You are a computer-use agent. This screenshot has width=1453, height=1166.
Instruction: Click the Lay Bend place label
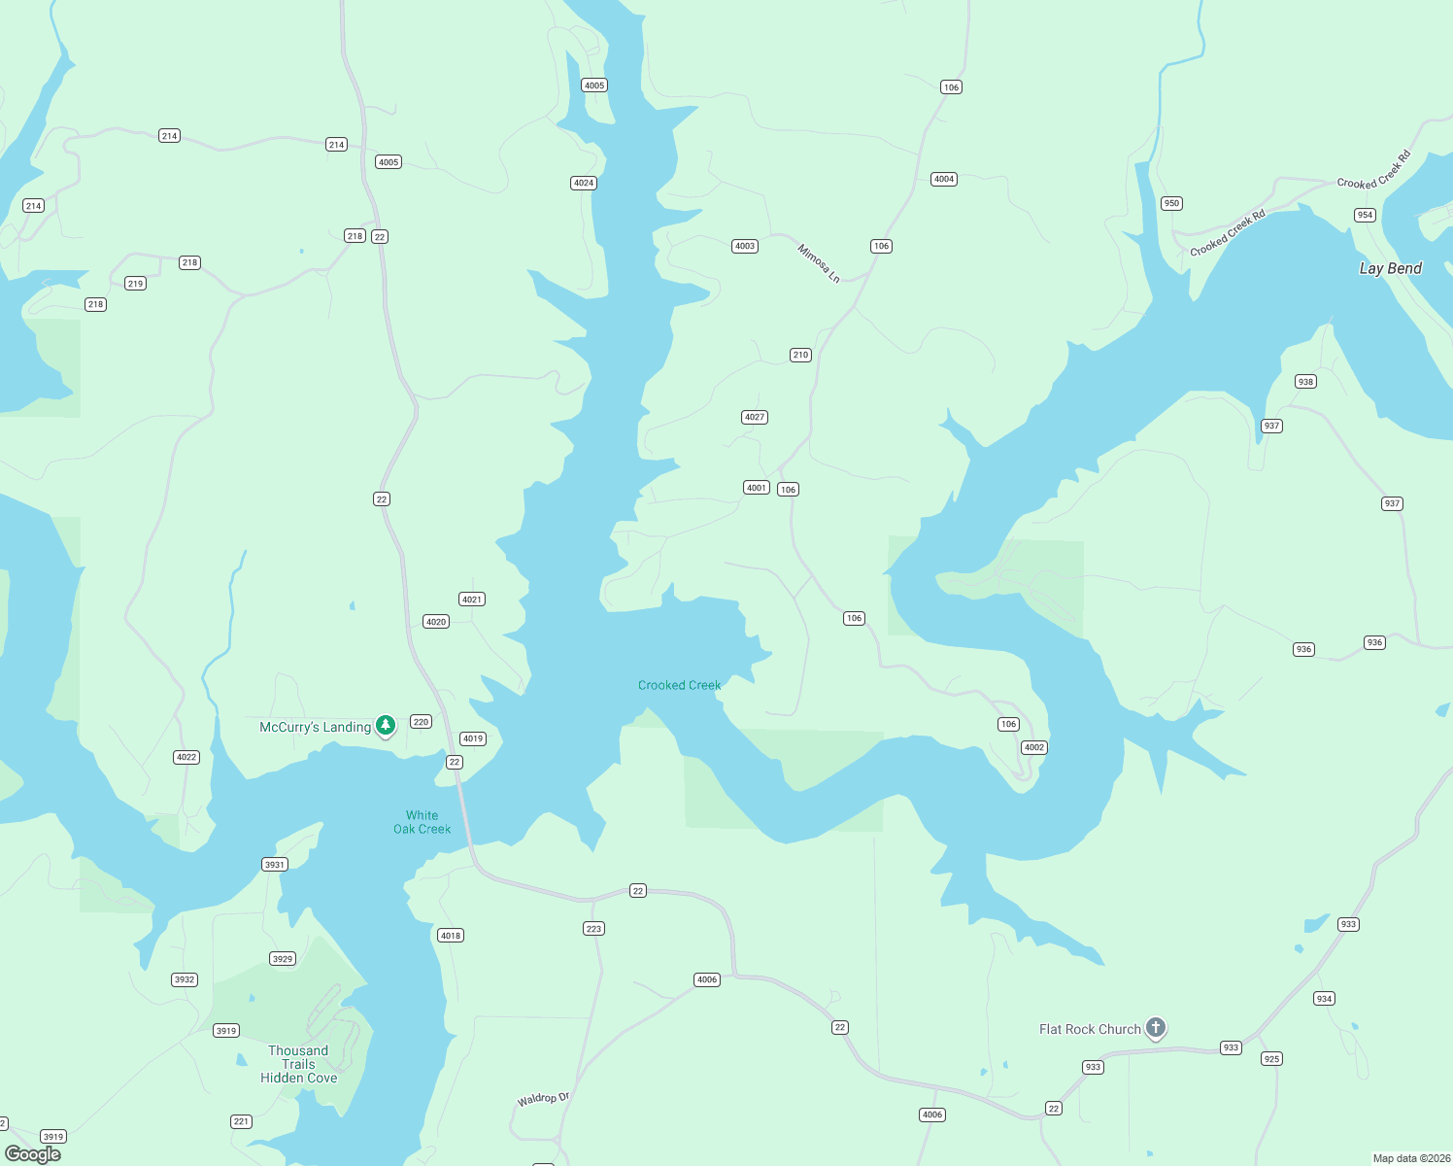(1390, 268)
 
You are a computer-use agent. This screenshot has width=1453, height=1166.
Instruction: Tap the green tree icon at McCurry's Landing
(386, 725)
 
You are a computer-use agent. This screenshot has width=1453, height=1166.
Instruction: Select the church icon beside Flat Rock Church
(1155, 1027)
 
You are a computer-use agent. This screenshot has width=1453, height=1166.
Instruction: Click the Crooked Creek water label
(679, 685)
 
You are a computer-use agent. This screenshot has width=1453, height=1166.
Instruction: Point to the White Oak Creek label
(422, 822)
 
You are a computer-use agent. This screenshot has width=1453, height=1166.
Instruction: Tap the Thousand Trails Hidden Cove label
(298, 1064)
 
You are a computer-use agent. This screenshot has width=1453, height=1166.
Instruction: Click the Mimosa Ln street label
(818, 263)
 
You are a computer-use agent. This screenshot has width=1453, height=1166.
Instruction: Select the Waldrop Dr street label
(543, 1099)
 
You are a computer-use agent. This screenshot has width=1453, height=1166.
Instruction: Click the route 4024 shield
(584, 183)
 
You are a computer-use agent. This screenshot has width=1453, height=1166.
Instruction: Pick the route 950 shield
(1171, 203)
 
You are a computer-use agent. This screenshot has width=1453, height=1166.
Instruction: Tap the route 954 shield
(1365, 215)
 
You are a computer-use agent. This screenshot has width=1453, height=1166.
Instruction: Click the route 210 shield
(800, 355)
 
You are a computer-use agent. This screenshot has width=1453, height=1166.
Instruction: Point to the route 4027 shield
(755, 417)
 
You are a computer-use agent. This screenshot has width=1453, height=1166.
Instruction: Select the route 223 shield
(593, 928)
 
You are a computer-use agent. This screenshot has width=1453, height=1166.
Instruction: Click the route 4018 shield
(450, 936)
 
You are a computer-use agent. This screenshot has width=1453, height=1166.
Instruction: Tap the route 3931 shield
(275, 864)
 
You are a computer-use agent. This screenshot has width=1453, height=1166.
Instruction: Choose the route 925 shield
(1271, 1058)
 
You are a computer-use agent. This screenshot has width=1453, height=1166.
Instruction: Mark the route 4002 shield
(1034, 747)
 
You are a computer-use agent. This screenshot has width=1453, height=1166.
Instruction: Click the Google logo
(33, 1153)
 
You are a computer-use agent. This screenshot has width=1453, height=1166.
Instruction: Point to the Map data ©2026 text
(1410, 1158)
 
